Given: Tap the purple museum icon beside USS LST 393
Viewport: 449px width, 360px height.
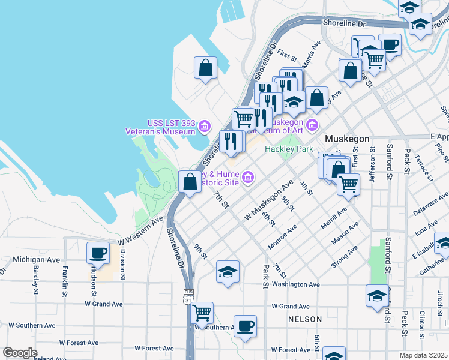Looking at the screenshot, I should coord(205,126).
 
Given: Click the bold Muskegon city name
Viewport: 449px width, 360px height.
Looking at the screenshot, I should coord(346,139).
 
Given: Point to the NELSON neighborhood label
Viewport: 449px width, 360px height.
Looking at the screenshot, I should coord(304,319).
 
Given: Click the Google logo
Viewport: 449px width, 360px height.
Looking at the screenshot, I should coord(20,353).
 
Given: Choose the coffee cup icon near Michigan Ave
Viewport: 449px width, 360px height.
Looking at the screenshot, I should coord(98,253).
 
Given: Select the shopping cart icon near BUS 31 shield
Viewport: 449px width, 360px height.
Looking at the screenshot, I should coord(202,313).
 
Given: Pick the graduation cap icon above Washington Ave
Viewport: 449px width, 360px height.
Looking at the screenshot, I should coord(228,272).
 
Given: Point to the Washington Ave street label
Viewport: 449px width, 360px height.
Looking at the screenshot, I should coord(295,284).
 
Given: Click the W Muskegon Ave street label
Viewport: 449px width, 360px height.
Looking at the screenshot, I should coord(268,199).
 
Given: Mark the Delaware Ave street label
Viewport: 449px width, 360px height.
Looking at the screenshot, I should coord(430,205).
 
